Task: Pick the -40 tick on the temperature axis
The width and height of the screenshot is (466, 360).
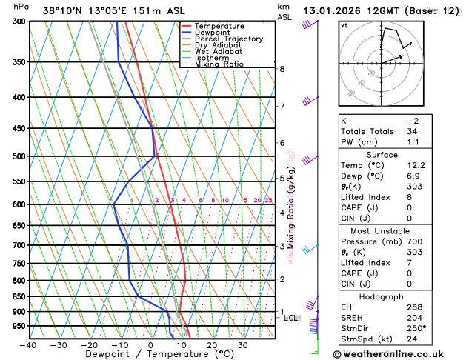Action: pyautogui.click(x=29, y=344)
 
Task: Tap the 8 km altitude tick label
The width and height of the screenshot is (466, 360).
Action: pyautogui.click(x=282, y=69)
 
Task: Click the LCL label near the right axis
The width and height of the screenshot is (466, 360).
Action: pyautogui.click(x=290, y=318)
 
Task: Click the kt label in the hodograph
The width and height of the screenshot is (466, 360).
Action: pyautogui.click(x=344, y=26)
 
